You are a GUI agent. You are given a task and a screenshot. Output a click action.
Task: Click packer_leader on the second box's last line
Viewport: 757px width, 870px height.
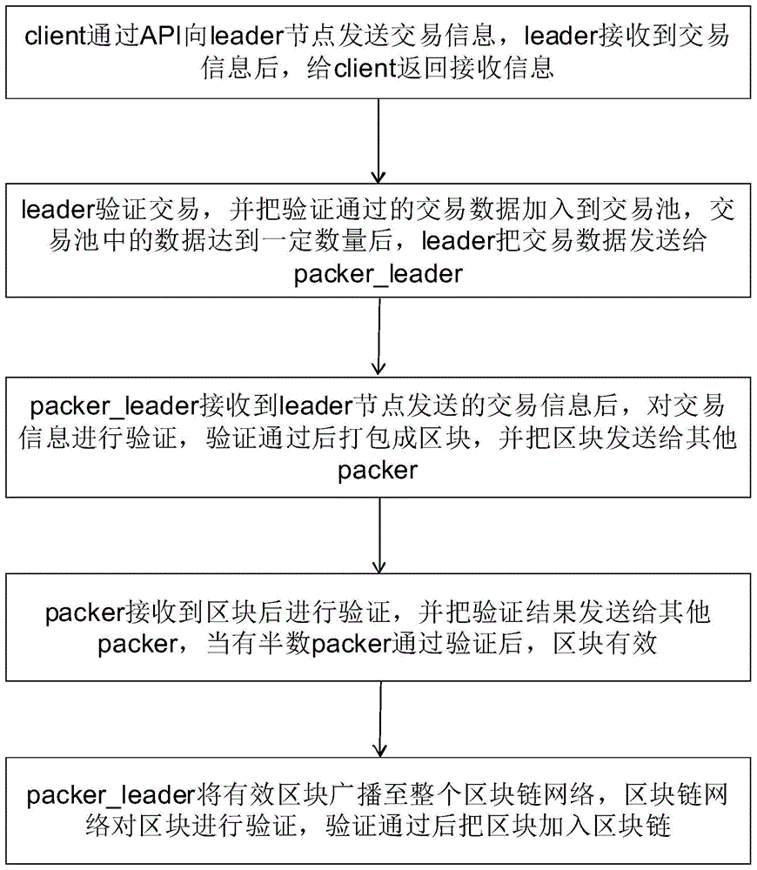coord(378,274)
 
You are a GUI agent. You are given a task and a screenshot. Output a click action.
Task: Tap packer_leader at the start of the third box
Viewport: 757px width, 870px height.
coord(95,406)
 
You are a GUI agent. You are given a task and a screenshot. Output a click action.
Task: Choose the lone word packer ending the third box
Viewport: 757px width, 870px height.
coord(378,471)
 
